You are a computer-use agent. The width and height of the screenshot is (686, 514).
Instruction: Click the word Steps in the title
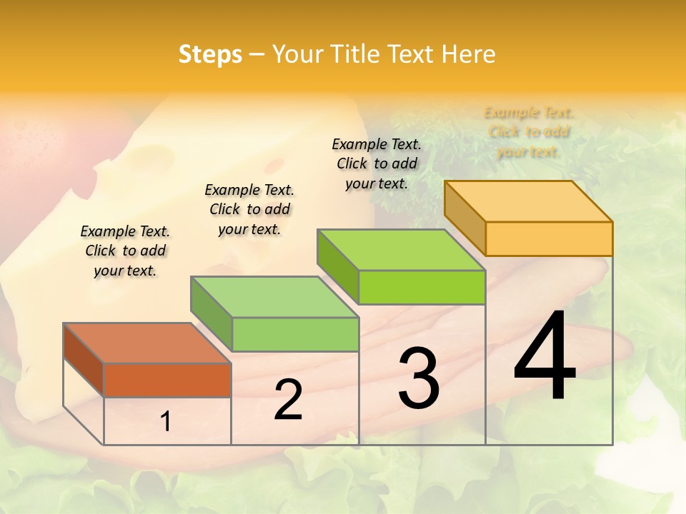pos(210,54)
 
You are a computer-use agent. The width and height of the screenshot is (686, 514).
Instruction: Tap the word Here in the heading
pos(468,54)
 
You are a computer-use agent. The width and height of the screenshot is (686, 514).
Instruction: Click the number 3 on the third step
pos(419,378)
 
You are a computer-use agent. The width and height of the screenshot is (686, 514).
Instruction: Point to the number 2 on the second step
pos(288,400)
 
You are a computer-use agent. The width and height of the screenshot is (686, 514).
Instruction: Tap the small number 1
pos(166,422)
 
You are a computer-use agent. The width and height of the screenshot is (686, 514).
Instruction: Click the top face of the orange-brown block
pos(147,343)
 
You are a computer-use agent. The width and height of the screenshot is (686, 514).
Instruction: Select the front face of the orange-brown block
pos(167,380)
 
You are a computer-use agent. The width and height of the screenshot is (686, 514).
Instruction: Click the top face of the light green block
pos(274,297)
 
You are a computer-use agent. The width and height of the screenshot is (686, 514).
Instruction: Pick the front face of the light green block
pos(295,334)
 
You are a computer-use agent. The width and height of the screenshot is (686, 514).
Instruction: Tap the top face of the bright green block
pos(401,250)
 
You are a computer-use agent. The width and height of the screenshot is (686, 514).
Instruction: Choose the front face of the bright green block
pos(422,287)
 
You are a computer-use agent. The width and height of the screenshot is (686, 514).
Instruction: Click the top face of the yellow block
pos(528,201)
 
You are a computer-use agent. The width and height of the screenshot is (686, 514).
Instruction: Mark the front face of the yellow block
pos(549,238)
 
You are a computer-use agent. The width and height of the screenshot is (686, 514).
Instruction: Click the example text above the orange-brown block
pos(125,251)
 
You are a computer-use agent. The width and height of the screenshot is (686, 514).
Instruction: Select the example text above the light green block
pos(249,209)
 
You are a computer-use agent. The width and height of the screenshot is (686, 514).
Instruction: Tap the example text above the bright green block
pos(377,163)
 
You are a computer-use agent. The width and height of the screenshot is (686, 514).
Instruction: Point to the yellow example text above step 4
pos(529,132)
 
